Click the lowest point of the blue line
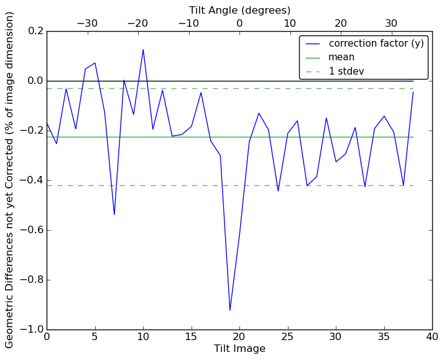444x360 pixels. (x=230, y=310)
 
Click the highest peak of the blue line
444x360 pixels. (x=143, y=49)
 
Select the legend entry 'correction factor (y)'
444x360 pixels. (x=376, y=44)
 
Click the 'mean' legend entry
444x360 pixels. (x=341, y=57)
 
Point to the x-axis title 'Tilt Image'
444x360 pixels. (x=239, y=349)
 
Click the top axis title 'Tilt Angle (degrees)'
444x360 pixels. (x=239, y=10)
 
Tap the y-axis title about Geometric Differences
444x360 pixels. (x=10, y=180)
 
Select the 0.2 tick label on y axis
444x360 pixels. (x=34, y=31)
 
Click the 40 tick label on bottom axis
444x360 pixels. (x=432, y=336)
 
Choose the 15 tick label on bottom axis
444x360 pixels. (x=192, y=336)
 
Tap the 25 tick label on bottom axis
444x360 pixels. (x=288, y=336)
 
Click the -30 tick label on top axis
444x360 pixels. (x=87, y=24)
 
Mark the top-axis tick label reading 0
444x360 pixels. (x=239, y=24)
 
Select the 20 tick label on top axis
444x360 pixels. (x=341, y=24)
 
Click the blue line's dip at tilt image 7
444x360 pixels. (x=114, y=215)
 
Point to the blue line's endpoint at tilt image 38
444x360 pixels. (x=413, y=92)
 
